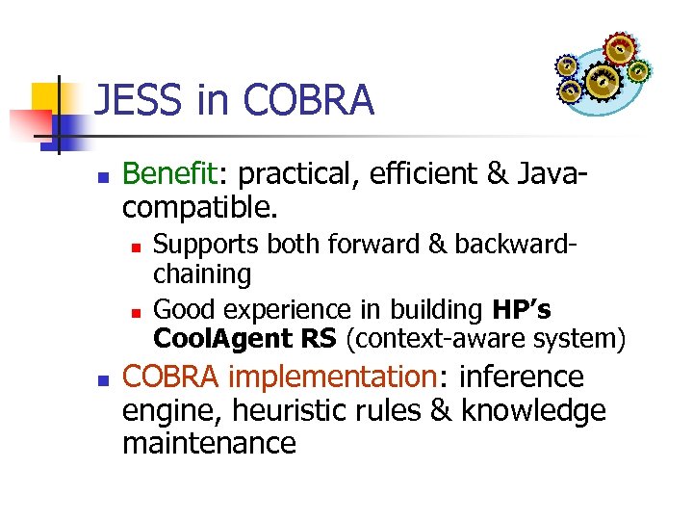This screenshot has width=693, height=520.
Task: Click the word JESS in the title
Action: pos(130,100)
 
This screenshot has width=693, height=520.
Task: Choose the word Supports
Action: pos(206,245)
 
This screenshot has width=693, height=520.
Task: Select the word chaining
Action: pos(202,274)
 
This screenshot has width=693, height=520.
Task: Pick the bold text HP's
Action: pos(522,309)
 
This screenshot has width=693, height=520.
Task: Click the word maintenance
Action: pos(209,443)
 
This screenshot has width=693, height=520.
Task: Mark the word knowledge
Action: pos(533,410)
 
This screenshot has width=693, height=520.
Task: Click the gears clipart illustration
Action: pos(603,72)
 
